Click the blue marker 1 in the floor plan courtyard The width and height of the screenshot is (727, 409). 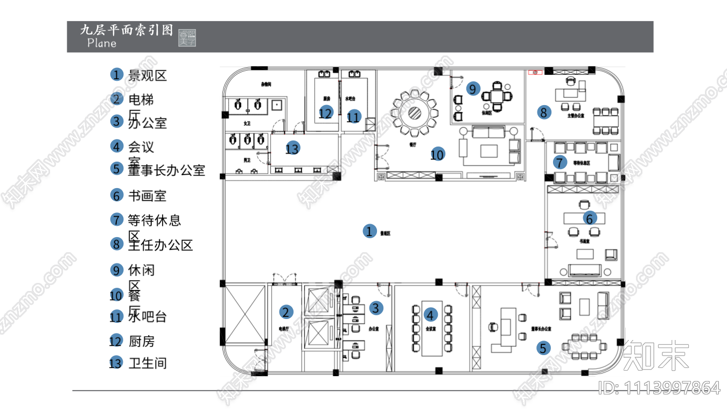[x=369, y=231]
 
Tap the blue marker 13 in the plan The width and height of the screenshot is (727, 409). [x=292, y=148]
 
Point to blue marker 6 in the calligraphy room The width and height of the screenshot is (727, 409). [x=589, y=218]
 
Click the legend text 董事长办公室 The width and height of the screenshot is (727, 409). [x=166, y=170]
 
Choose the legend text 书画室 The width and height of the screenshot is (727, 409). [x=147, y=196]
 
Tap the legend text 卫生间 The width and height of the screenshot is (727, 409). [x=147, y=363]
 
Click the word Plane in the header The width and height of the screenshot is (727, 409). [x=101, y=43]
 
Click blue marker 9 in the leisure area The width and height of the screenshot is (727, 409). [x=473, y=88]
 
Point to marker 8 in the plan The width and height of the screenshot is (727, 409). [x=543, y=112]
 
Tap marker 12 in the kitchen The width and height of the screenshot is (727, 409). [x=325, y=113]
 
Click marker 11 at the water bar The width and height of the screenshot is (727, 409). [x=353, y=116]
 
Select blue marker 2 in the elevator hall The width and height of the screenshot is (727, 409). [x=286, y=311]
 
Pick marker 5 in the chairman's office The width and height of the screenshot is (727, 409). [x=543, y=348]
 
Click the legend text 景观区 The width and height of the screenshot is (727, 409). [x=147, y=75]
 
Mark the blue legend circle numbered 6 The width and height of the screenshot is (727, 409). [x=116, y=195]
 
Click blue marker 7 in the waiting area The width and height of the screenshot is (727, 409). [x=560, y=162]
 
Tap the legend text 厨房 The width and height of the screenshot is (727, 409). [x=142, y=341]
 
